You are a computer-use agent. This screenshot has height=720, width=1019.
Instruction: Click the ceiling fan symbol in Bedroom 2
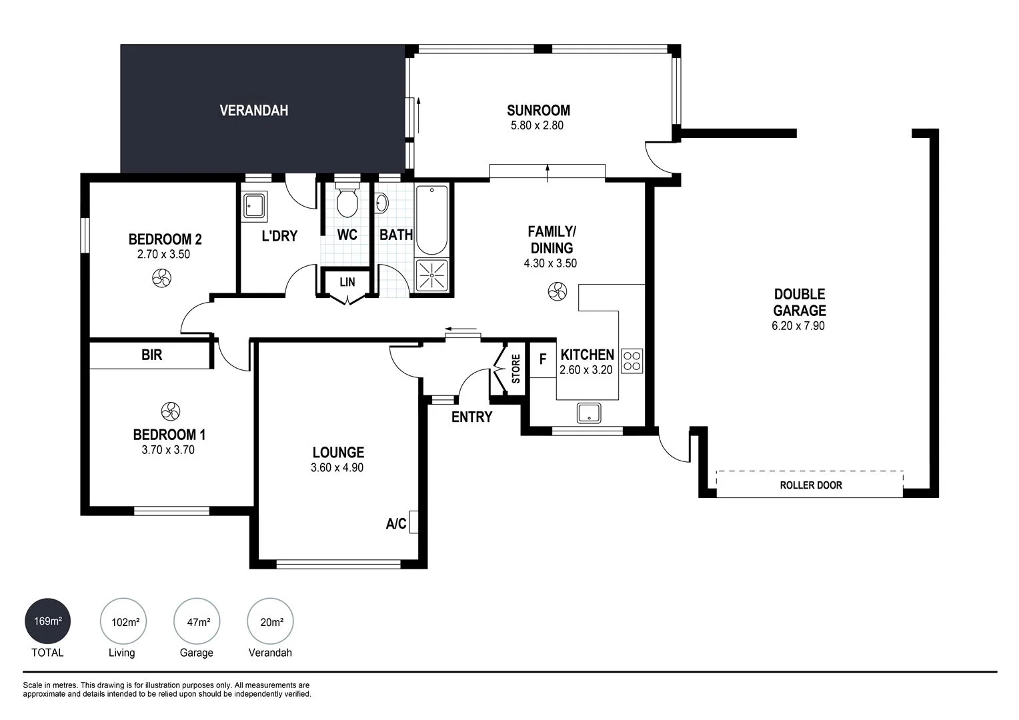[x=161, y=278]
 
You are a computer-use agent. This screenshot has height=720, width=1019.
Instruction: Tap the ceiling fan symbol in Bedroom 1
[x=170, y=411]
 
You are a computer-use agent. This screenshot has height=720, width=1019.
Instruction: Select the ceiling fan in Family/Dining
[x=557, y=291]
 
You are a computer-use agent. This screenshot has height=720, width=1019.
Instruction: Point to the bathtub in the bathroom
[x=432, y=221]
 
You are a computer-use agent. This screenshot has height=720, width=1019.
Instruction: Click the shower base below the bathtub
[x=432, y=275]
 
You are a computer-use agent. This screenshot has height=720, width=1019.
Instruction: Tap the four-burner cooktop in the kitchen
[x=632, y=361]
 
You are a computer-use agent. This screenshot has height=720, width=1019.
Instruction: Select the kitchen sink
[x=589, y=413]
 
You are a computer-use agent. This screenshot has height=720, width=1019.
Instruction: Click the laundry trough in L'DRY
[x=254, y=205]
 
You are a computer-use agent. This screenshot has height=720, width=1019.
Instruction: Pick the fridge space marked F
[x=543, y=360]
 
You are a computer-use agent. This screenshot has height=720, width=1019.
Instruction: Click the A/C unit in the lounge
[x=413, y=522]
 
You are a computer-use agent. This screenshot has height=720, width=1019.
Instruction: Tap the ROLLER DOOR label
[x=810, y=485]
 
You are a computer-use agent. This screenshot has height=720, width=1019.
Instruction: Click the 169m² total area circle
[x=47, y=621]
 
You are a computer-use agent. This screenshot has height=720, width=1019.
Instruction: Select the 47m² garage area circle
[x=197, y=622]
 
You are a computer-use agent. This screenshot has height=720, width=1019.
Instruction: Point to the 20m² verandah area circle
[x=271, y=622]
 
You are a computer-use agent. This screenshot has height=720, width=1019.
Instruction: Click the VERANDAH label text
[x=254, y=111]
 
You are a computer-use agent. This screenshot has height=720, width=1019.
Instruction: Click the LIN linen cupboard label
[x=347, y=282]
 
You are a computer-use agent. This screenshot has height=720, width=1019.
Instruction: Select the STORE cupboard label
[x=516, y=369]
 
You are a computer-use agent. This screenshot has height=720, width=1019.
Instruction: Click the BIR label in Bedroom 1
[x=152, y=355]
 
